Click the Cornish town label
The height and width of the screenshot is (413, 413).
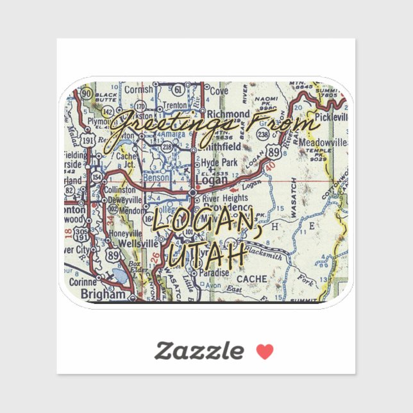click(x=139, y=90)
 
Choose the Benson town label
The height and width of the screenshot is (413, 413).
click(x=156, y=177)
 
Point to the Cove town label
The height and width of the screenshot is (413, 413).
click(x=219, y=92)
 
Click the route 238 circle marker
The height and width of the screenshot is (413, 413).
click(x=262, y=133)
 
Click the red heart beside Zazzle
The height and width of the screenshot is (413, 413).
click(x=265, y=351)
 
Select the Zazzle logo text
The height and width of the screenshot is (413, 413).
click(x=199, y=351)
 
